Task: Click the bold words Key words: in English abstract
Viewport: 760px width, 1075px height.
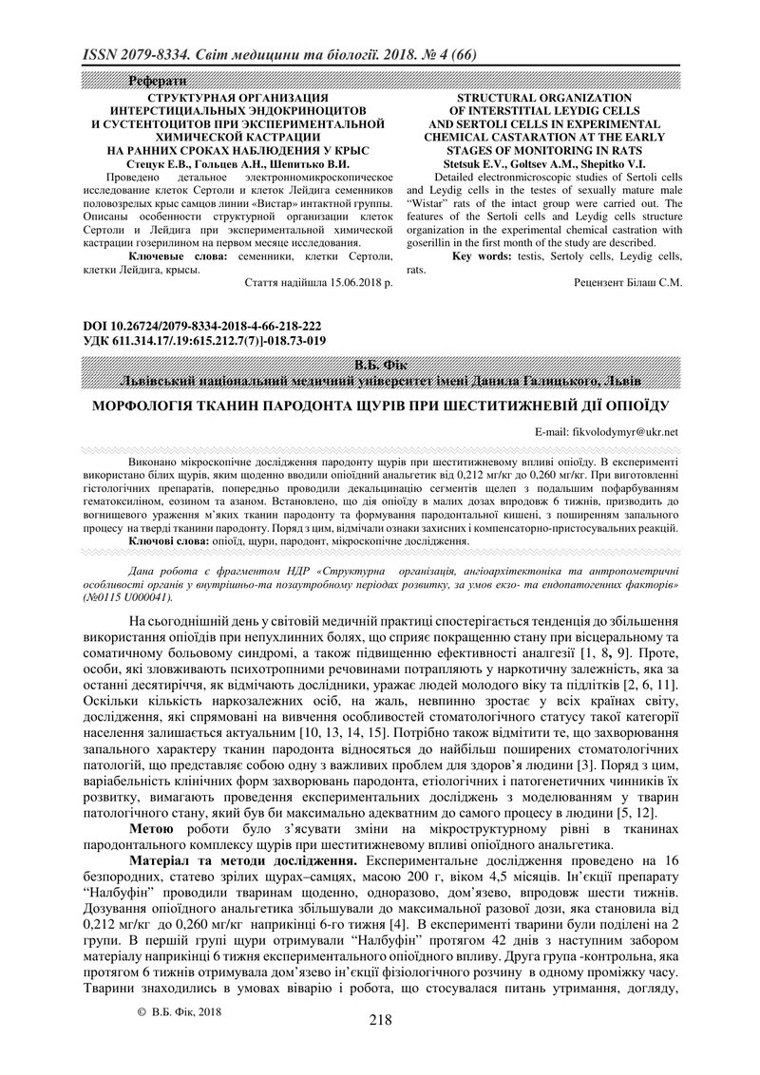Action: click(x=484, y=255)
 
